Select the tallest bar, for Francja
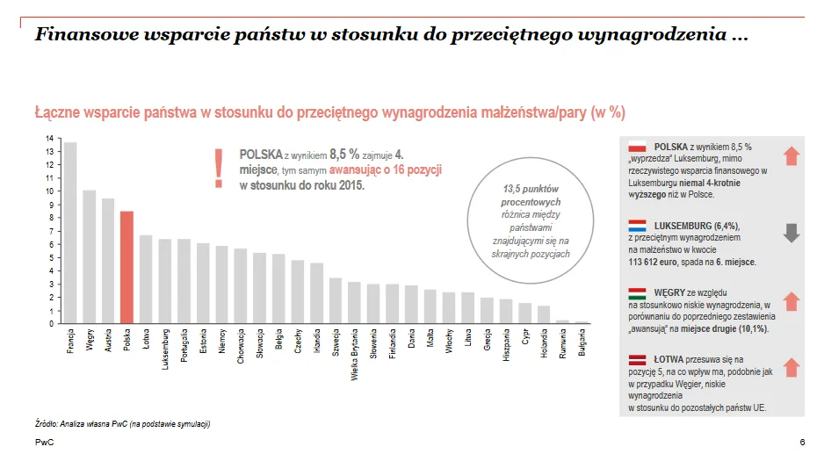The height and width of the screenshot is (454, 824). [69, 233]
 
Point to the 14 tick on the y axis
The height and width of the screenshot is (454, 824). [49, 138]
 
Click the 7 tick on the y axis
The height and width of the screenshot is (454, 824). [51, 231]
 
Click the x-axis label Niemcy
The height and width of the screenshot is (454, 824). [222, 341]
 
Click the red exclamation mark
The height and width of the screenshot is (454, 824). [218, 168]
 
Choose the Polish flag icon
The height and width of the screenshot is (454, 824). [637, 147]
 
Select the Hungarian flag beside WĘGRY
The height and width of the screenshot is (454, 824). [637, 292]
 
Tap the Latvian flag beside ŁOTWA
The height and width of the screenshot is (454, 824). [637, 359]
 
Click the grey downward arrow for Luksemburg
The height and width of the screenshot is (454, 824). [791, 233]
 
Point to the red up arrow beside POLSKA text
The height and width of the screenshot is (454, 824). [791, 156]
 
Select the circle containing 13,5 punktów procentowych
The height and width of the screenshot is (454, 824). [531, 220]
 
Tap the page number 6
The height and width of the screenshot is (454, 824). [802, 442]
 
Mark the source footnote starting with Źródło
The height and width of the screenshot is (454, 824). [122, 424]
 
